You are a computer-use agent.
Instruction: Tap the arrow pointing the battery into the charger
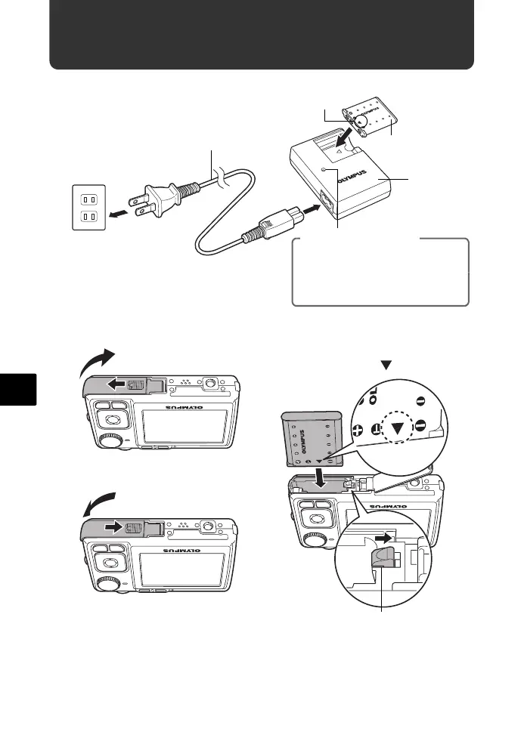tap(345, 137)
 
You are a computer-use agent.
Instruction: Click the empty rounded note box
tap(380, 272)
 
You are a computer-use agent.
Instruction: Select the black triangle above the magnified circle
tap(388, 366)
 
